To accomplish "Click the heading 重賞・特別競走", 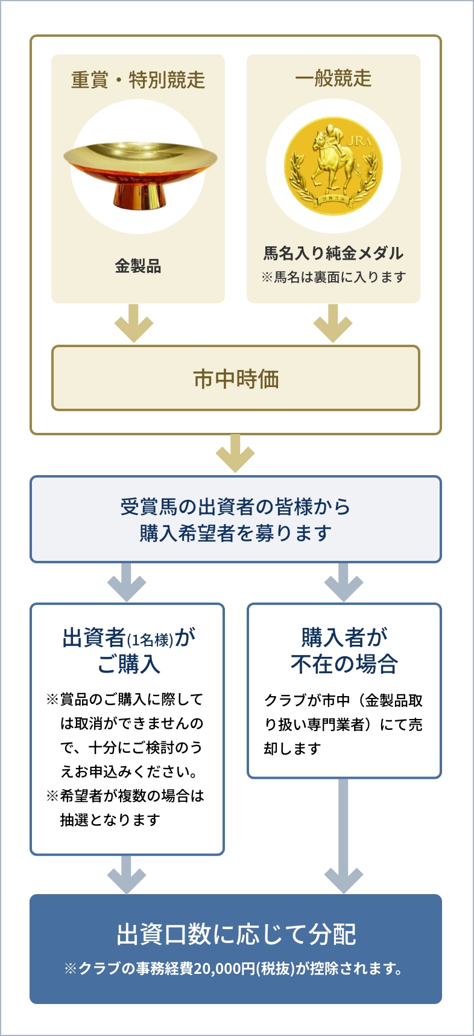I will tap(138, 80).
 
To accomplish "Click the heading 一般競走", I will tap(333, 78).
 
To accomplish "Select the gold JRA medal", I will tap(333, 166).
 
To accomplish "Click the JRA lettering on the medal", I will tap(359, 142).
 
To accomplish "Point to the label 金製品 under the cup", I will tap(138, 266).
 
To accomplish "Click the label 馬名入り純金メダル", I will tap(333, 253).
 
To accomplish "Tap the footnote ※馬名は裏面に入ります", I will tap(333, 277).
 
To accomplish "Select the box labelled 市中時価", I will tap(236, 379).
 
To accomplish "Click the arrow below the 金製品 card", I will tap(134, 324).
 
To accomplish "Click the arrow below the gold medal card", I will tap(333, 324).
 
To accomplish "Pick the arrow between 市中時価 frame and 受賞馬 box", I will tap(235, 454).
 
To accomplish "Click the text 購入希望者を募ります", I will tap(236, 533).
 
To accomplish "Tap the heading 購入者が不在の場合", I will tap(344, 650).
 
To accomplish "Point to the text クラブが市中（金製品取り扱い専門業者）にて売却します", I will tap(343, 724).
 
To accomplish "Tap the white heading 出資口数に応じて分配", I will tap(236, 934).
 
